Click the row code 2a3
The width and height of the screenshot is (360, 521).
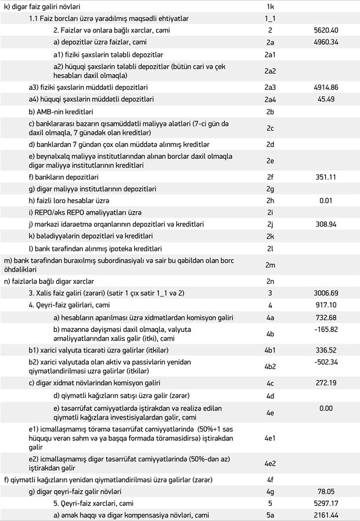270,87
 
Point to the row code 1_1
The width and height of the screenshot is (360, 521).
270,17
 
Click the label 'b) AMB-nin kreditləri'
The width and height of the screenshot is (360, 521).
61,111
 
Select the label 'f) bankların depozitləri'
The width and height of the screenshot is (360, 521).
63,176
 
